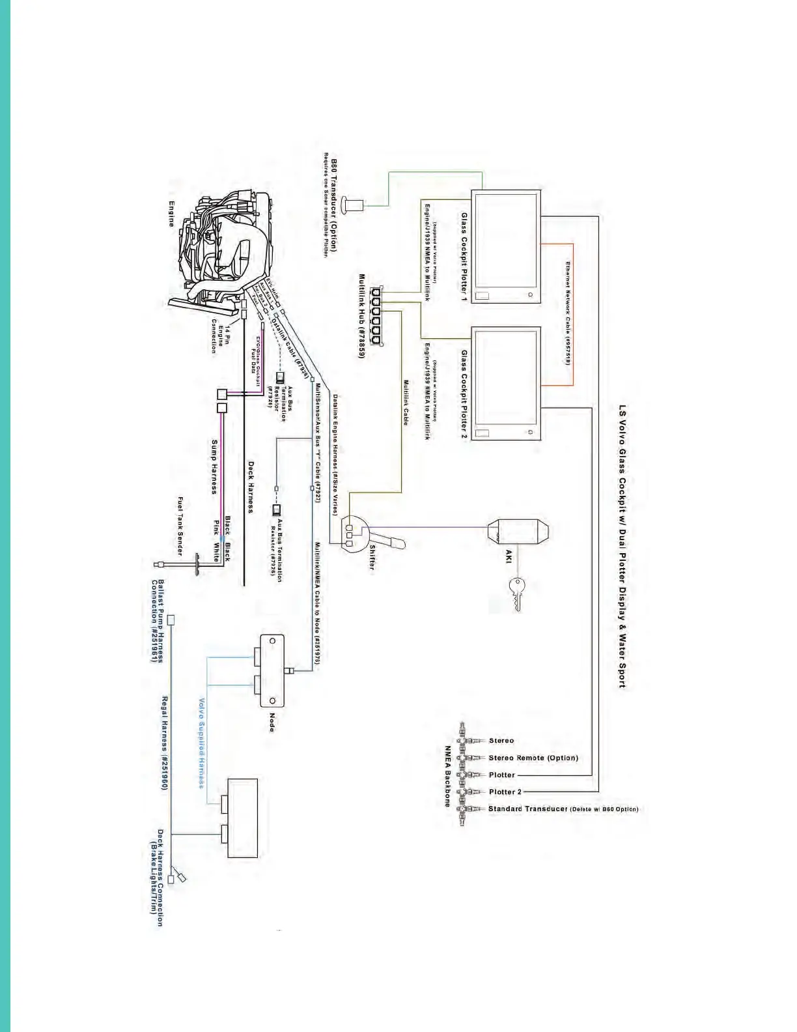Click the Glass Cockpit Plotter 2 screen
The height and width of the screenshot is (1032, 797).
pyautogui.click(x=506, y=383)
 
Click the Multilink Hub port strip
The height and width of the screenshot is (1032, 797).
pyautogui.click(x=376, y=315)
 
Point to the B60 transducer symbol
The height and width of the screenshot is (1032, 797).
pyautogui.click(x=355, y=205)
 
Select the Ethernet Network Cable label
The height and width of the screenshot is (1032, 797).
pyautogui.click(x=567, y=313)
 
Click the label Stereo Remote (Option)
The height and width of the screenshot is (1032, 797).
pyautogui.click(x=533, y=758)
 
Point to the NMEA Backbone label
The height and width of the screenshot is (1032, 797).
pyautogui.click(x=448, y=776)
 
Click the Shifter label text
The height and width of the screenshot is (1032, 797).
pyautogui.click(x=372, y=557)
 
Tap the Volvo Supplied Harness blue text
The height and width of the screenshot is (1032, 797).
pyautogui.click(x=202, y=743)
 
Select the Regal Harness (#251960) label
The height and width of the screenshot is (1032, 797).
pyautogui.click(x=165, y=743)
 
